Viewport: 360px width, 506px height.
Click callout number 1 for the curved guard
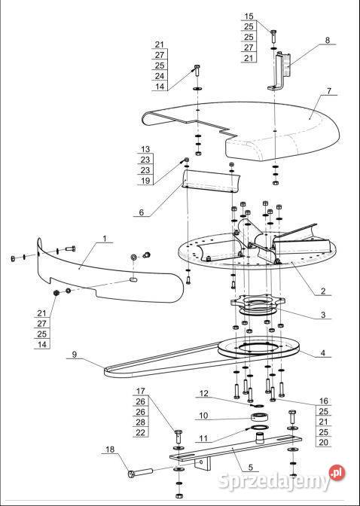[x=105, y=239]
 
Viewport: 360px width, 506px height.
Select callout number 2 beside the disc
[x=323, y=291]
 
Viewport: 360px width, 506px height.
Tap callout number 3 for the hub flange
[x=323, y=315]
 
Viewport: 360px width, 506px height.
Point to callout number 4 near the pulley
[x=323, y=352]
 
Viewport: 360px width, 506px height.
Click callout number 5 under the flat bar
[x=251, y=468]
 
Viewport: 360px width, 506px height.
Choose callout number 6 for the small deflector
[x=141, y=212]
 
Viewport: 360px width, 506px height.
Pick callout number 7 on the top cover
[x=328, y=91]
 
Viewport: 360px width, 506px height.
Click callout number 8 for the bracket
[x=328, y=41]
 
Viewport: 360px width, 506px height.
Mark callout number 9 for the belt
[x=75, y=355]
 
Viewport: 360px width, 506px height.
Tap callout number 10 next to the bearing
[x=203, y=416]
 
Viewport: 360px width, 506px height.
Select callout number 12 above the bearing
[x=204, y=394]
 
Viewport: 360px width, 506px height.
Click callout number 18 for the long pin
[x=110, y=450]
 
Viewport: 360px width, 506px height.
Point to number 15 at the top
[x=249, y=16]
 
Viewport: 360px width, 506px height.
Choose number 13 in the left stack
[x=145, y=149]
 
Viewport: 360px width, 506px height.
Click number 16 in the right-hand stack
[x=323, y=401]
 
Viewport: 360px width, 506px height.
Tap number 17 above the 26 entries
[x=140, y=391]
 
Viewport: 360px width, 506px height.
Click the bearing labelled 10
[x=261, y=417]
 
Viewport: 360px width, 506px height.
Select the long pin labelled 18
[x=140, y=472]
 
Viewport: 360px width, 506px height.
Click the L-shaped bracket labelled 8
[x=280, y=71]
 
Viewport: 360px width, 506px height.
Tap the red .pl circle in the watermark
[x=337, y=473]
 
